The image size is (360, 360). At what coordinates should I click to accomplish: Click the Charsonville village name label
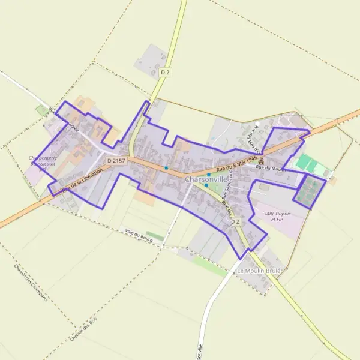206,179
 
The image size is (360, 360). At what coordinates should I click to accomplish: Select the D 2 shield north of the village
166,72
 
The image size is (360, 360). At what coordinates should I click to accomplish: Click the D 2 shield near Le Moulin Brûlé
235,222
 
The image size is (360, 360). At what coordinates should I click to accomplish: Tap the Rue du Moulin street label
269,169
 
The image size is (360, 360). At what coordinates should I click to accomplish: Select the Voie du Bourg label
139,235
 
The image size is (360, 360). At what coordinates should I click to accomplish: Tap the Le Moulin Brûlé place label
259,271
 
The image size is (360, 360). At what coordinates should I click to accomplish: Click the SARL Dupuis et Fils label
277,216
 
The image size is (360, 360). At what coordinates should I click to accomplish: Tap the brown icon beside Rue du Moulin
260,161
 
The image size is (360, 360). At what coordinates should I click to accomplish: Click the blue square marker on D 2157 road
166,168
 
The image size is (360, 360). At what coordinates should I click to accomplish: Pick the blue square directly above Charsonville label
208,174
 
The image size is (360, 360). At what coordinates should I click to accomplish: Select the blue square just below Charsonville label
206,185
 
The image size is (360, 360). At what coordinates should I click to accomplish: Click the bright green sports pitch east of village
306,163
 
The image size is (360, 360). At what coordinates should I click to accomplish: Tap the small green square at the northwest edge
41,110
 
